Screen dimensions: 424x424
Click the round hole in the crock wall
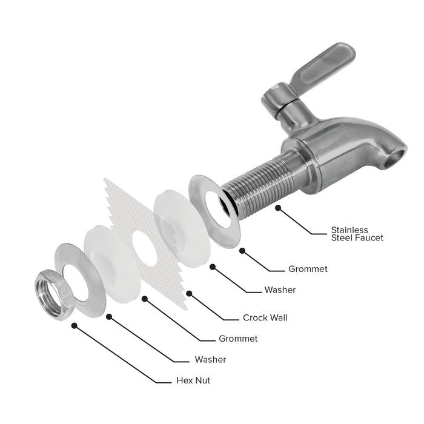tap(145, 248)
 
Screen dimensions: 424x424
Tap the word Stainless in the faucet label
tap(349, 230)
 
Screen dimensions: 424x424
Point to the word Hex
tap(184, 380)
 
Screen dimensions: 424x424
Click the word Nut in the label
tap(202, 380)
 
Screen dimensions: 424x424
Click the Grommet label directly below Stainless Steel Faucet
tap(308, 269)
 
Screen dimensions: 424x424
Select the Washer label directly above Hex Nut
tap(210, 360)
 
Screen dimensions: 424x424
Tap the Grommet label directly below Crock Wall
tap(238, 339)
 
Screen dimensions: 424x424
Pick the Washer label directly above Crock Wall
tap(280, 290)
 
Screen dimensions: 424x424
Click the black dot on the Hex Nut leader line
tap(74, 326)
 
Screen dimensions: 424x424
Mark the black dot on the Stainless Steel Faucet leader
tap(278, 208)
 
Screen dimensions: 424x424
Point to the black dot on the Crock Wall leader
tap(189, 293)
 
